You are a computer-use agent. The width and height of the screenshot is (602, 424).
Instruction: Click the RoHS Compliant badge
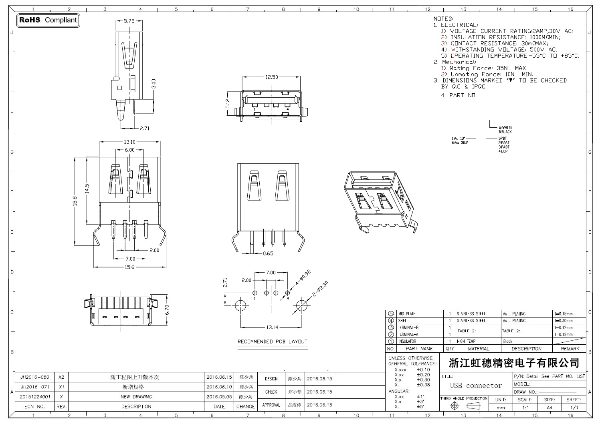48,20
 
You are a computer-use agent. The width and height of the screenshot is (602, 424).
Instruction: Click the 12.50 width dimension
271,77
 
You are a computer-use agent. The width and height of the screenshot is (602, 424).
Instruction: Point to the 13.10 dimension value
129,142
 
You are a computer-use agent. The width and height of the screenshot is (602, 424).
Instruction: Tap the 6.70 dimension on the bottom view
168,309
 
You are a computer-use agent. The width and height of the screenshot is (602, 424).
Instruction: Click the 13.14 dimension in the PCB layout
272,327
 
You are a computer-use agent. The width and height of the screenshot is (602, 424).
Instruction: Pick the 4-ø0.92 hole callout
303,279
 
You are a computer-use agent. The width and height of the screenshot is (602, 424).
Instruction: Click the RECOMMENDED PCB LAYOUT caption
273,342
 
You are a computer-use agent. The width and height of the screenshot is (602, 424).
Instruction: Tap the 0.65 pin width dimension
268,253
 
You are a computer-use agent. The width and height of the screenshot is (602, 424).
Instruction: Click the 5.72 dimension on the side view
129,21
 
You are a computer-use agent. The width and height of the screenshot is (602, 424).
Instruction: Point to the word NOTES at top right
443,19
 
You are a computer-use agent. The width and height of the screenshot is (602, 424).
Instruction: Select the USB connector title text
476,386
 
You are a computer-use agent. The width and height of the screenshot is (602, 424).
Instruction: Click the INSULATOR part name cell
407,341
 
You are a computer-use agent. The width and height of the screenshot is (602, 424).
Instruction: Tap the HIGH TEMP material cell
466,341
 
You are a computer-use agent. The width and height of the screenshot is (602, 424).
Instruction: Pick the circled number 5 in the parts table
391,314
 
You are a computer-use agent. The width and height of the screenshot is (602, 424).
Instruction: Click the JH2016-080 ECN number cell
35,377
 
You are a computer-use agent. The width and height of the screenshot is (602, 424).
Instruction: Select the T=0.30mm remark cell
563,321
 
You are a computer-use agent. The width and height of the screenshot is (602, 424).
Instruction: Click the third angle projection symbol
464,406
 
